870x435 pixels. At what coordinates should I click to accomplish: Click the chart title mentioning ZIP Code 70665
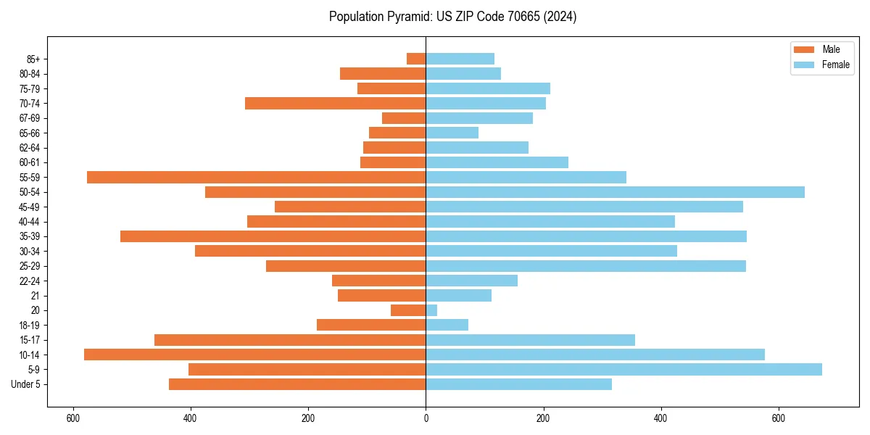452,17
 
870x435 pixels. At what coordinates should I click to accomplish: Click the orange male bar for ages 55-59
256,178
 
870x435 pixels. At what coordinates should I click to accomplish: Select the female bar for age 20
431,310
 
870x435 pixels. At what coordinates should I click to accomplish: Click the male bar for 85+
416,59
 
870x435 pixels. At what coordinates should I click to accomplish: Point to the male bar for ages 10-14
254,355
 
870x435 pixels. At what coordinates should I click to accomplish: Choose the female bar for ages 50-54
615,192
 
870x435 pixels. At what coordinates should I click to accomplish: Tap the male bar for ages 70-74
335,104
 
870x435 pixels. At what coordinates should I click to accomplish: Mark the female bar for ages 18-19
447,325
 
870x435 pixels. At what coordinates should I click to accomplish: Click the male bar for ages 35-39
273,236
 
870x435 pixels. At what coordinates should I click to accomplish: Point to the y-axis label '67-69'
30,118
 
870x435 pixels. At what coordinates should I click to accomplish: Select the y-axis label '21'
35,296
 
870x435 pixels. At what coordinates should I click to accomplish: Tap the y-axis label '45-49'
30,207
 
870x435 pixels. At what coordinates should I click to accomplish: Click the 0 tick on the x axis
426,418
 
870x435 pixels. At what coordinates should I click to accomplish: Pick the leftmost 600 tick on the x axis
73,418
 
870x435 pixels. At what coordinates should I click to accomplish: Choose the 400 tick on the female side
660,418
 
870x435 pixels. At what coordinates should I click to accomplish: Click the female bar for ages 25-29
586,266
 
